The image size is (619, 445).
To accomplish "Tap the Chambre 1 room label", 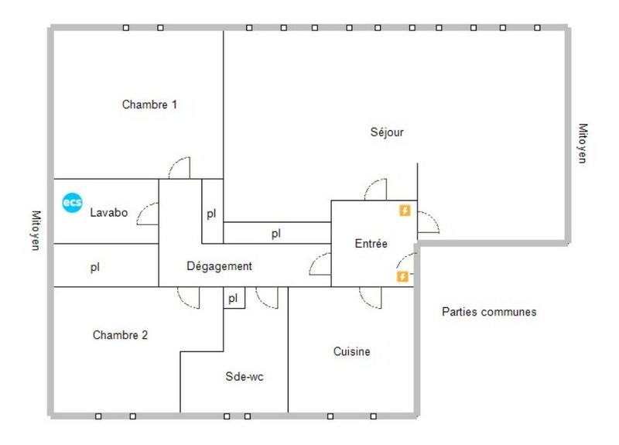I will [x=150, y=104].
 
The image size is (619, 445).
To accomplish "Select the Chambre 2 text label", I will [x=120, y=335].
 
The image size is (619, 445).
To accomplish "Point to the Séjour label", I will [x=387, y=132].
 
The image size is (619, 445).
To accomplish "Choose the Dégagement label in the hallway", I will [x=220, y=266].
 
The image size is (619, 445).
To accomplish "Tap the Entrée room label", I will [x=371, y=243].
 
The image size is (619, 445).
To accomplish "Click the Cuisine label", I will [x=351, y=351].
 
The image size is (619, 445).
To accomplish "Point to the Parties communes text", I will [x=489, y=313].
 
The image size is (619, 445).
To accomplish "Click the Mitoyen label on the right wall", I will [x=583, y=144].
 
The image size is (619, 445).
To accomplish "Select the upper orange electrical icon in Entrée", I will [x=403, y=211].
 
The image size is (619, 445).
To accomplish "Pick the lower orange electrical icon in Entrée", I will [x=402, y=276].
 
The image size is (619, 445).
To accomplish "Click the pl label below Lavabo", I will [x=94, y=267].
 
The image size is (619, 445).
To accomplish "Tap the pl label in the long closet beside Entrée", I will [x=275, y=233].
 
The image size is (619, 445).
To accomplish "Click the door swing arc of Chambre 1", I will [x=180, y=168].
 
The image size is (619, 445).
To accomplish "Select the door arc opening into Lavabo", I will [x=148, y=214].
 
